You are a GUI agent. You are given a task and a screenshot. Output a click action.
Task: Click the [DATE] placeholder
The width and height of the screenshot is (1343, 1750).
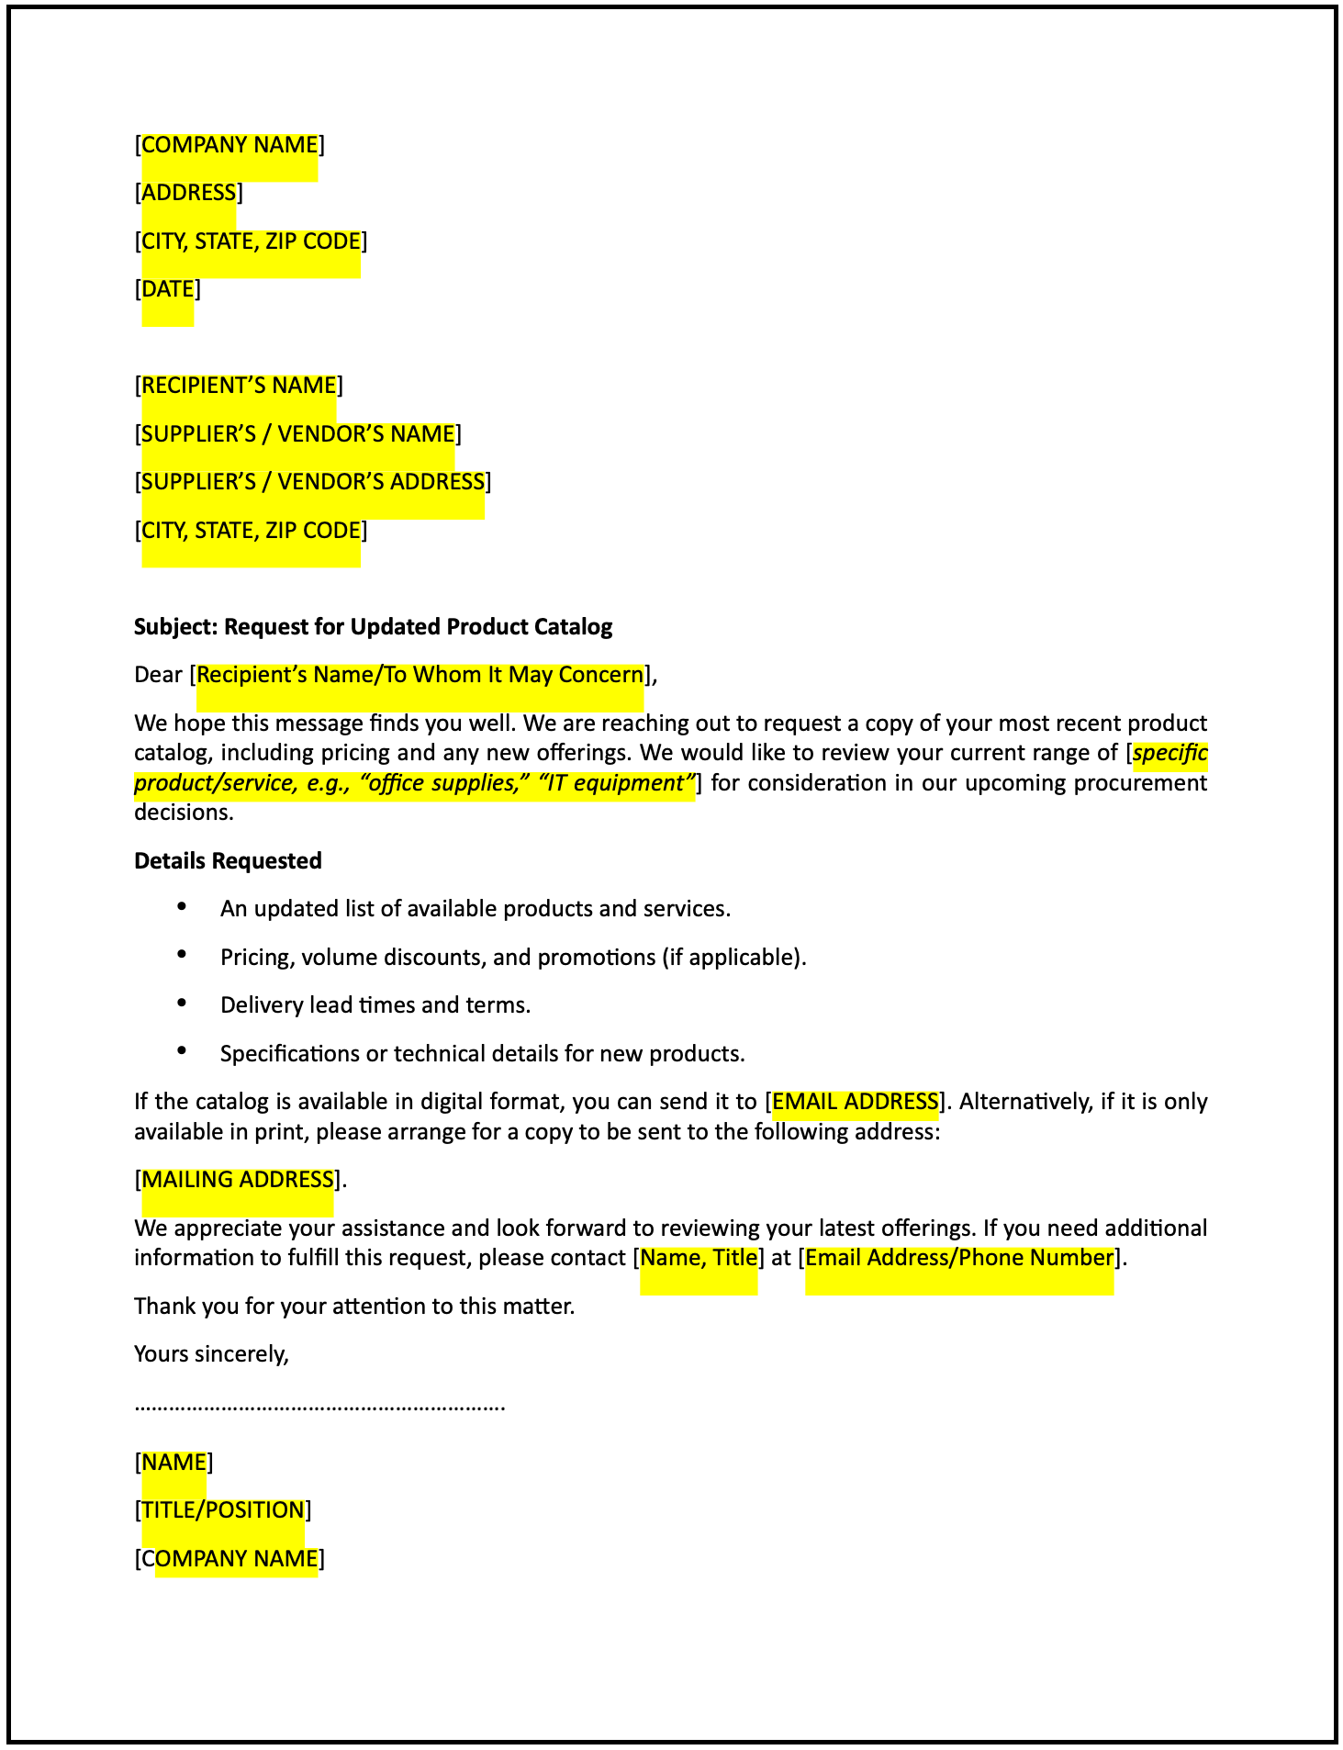click(x=167, y=289)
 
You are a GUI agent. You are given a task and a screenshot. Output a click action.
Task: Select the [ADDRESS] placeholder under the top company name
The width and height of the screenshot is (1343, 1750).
click(x=188, y=193)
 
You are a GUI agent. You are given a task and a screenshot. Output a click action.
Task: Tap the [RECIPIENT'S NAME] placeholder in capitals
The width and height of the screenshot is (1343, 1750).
click(x=239, y=386)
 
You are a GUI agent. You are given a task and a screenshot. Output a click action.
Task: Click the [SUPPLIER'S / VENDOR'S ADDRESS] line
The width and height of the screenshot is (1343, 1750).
click(x=312, y=482)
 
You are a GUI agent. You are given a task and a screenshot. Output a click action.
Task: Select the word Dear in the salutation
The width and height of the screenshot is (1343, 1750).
click(x=158, y=675)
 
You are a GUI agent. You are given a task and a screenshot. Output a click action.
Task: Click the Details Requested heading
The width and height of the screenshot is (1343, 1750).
click(x=228, y=861)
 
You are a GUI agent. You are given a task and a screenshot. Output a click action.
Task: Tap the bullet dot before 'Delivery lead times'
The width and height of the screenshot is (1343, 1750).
click(x=182, y=1003)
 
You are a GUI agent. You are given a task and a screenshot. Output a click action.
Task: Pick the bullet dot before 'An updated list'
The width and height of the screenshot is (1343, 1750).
click(x=182, y=906)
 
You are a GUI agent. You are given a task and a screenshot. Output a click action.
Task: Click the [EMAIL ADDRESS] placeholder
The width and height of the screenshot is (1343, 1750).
click(x=856, y=1102)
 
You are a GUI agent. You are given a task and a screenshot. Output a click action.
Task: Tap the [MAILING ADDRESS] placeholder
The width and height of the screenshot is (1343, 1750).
click(x=237, y=1180)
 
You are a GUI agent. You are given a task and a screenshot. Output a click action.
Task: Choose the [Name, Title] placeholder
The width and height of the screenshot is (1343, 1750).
click(x=699, y=1258)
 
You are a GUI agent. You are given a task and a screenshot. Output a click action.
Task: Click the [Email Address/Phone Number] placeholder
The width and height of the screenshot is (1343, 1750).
click(x=958, y=1258)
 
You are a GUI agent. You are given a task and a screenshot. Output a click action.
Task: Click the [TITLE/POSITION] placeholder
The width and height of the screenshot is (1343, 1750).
click(x=222, y=1510)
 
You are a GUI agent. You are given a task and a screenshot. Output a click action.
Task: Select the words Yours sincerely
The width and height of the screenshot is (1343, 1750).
click(x=211, y=1354)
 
